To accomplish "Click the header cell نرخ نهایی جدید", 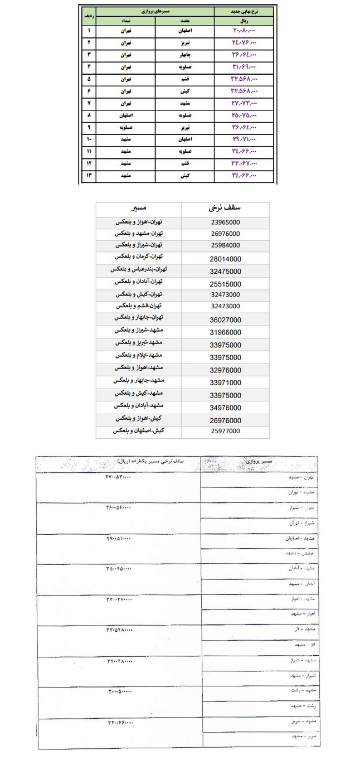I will [x=244, y=11].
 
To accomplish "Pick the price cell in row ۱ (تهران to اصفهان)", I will [x=244, y=30].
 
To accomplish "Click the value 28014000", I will [x=226, y=258].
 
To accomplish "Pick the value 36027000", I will [x=226, y=318].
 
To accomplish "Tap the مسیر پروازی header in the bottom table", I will [x=259, y=462].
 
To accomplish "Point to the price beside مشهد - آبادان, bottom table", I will [x=119, y=569].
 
